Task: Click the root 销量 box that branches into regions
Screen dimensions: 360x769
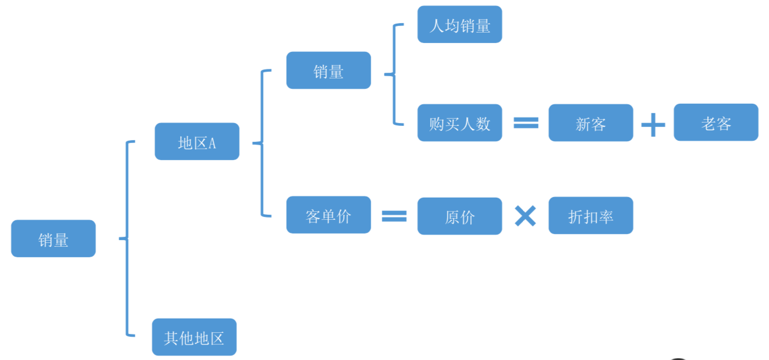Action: tap(53, 239)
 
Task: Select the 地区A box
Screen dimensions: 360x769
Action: tap(197, 141)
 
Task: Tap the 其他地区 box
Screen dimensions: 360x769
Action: tap(194, 337)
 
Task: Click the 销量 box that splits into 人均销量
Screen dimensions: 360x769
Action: tap(328, 70)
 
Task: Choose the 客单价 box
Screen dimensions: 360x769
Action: tap(328, 215)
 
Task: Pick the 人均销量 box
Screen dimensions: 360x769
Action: tap(459, 24)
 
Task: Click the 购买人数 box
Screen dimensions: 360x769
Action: tap(459, 123)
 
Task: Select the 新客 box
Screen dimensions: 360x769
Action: tap(591, 123)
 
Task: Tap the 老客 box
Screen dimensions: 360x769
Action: tap(716, 122)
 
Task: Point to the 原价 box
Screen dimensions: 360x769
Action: tap(459, 216)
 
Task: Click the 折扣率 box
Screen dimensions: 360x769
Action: tap(591, 215)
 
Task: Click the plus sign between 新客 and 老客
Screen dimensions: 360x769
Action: tap(653, 125)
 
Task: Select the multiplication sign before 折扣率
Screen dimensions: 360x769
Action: tap(525, 216)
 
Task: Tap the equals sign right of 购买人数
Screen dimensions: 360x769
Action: tap(525, 123)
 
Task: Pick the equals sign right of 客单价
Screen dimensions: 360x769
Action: tap(394, 216)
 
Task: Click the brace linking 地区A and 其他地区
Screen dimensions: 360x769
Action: tap(128, 239)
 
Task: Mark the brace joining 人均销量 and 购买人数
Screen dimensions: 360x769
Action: tap(394, 74)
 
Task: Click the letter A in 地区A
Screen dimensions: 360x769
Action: tap(212, 144)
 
